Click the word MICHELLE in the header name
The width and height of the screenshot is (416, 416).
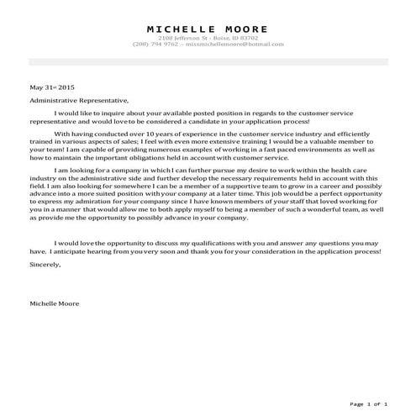click(178, 29)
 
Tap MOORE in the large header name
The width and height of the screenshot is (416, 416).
click(245, 29)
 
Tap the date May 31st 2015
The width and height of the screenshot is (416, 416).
click(52, 87)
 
